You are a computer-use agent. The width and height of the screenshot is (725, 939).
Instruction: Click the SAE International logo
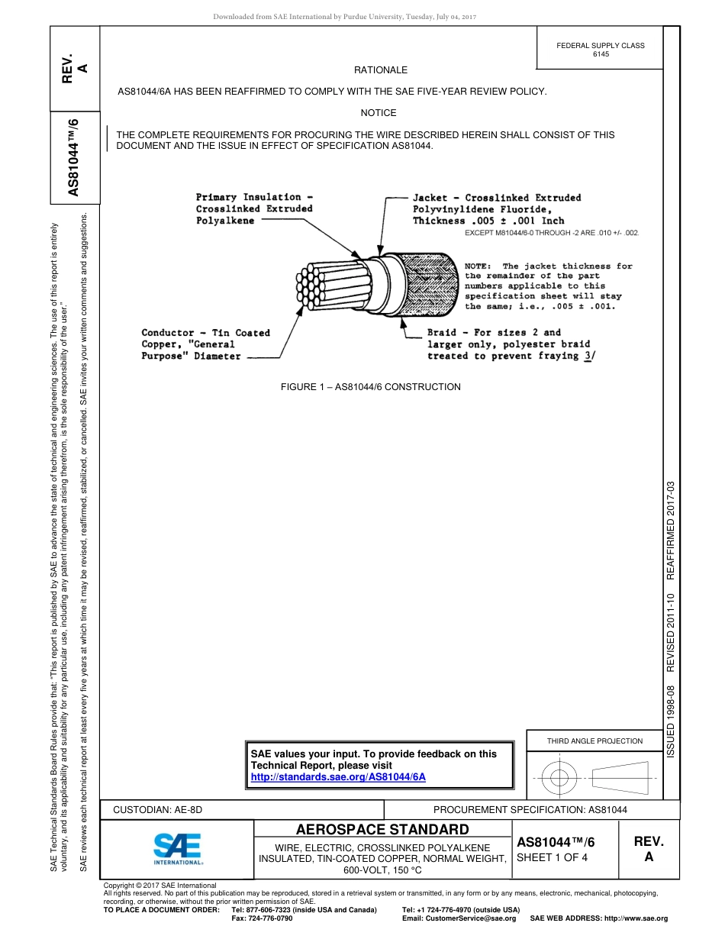(178, 847)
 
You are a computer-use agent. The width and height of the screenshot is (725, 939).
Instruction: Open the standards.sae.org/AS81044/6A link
(338, 776)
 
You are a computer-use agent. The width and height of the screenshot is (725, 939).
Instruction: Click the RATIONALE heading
(381, 70)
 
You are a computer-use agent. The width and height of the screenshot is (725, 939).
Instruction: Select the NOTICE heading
(379, 113)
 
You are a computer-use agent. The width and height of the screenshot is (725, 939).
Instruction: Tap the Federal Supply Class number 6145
(601, 54)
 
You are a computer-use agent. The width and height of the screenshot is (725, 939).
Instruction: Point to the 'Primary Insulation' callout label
(249, 197)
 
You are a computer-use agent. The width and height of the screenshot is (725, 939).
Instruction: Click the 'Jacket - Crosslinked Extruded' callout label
(497, 198)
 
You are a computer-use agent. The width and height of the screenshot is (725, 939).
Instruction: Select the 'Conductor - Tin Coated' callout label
(206, 333)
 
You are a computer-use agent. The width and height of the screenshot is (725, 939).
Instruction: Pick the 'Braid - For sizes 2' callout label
(494, 333)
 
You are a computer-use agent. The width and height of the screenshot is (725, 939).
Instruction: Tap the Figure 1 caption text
(371, 387)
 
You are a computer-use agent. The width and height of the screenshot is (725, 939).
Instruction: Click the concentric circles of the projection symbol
(559, 778)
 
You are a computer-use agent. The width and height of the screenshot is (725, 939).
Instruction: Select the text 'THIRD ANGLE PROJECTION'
(594, 741)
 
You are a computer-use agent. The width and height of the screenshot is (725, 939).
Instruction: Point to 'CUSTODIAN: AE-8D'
(158, 809)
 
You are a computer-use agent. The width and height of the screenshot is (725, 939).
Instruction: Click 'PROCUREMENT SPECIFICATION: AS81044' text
(530, 809)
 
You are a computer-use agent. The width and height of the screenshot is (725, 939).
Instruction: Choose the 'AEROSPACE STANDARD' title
(382, 830)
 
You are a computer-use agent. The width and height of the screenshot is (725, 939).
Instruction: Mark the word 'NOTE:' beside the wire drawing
(480, 266)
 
